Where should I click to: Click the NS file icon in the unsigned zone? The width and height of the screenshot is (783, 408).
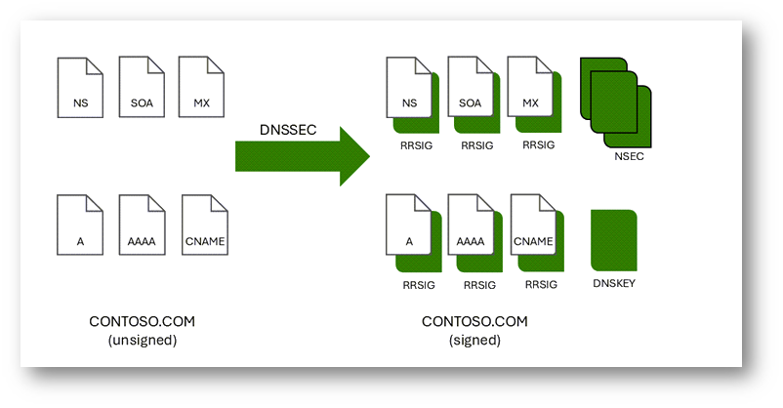point(80,88)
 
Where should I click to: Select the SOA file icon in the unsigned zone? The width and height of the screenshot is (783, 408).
point(142,88)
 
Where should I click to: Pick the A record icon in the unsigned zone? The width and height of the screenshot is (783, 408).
point(80,226)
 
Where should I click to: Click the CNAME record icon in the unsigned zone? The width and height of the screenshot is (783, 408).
point(205,226)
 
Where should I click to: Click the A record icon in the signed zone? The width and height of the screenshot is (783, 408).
point(409,227)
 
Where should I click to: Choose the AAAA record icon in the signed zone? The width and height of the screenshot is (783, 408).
point(471,227)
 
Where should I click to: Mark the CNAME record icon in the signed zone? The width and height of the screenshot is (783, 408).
point(533,227)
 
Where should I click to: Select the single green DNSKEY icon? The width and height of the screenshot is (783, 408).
point(614,240)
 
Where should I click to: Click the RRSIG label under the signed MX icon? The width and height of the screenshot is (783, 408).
point(539,145)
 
